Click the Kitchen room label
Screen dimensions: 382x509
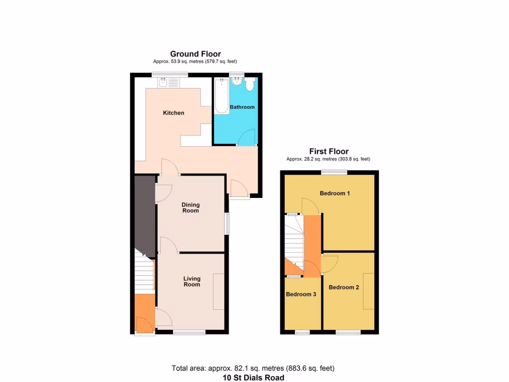coord(173,113)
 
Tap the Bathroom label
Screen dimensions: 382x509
coord(242,107)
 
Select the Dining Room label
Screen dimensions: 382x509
coord(190,207)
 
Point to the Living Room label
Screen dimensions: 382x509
coord(192,281)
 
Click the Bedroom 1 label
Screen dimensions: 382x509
coord(335,193)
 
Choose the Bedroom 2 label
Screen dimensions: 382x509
coord(343,287)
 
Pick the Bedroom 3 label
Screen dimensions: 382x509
coord(301,294)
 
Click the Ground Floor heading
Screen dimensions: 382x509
coord(195,54)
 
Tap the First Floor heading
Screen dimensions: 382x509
coord(329,151)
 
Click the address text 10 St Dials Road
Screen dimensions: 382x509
coord(254,378)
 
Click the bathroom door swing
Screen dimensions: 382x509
coord(247,137)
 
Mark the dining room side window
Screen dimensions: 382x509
coord(227,224)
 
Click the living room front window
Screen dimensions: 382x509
coord(189,332)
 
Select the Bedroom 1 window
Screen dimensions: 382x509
coord(334,172)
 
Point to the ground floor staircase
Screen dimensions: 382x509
coord(143,274)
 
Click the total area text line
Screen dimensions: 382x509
coord(253,369)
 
